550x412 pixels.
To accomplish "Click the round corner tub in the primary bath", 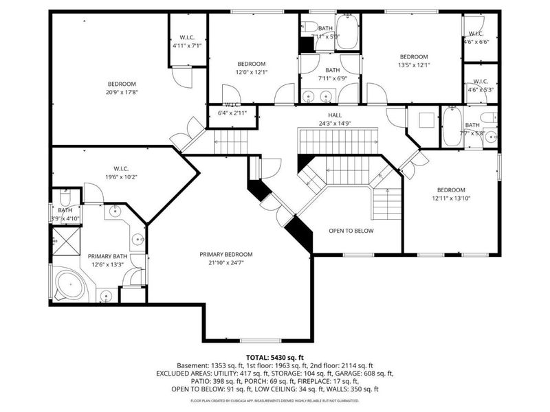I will [69, 283].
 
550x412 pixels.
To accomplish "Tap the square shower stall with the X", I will [65, 242].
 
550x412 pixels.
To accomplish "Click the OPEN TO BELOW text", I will [351, 231].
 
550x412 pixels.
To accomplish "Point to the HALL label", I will [334, 115].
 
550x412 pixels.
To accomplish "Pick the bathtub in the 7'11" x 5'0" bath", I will [346, 34].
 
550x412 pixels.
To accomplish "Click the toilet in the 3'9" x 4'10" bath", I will [63, 196].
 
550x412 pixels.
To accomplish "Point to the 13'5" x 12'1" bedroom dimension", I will [414, 66].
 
